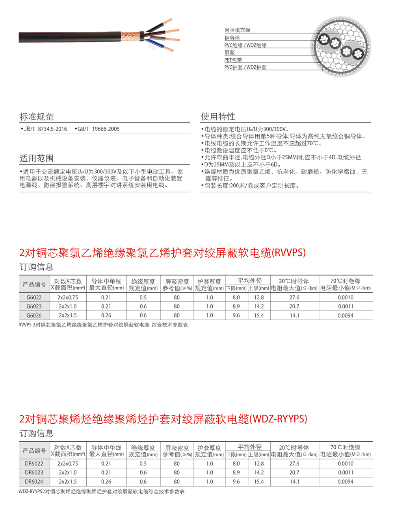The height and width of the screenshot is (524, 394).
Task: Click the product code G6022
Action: pos(34,297)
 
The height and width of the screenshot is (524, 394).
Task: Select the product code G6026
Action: pos(34,316)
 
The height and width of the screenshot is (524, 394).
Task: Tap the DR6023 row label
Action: pos(34,472)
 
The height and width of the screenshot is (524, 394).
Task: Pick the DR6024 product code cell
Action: pos(34,482)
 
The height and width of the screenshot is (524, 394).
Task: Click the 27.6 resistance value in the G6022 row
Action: pos(294,297)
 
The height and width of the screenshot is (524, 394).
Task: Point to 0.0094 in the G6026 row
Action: pos(346,316)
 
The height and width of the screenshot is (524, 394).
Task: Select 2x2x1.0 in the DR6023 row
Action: pos(68,472)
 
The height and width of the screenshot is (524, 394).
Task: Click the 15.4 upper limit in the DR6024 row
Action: pos(259,482)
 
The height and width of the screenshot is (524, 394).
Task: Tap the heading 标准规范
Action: pos(37,117)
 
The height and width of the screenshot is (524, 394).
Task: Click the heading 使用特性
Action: pos(218,116)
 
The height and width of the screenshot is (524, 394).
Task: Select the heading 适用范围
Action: pos(37,158)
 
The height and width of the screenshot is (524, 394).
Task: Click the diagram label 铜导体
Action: pos(232,38)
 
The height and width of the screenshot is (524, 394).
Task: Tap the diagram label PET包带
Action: pos(233,60)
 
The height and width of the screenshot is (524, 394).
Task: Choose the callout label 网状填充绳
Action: pos(237,30)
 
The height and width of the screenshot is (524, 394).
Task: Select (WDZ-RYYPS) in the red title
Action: pos(279,419)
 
